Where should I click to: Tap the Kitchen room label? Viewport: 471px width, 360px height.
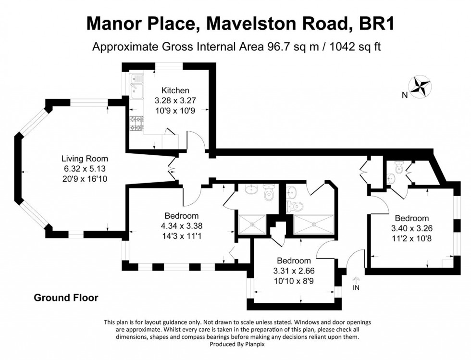click(x=175, y=90)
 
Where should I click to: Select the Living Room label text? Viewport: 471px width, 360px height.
click(x=85, y=159)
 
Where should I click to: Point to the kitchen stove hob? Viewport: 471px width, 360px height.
click(x=136, y=124)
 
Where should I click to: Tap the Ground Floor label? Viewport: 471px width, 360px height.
click(x=66, y=298)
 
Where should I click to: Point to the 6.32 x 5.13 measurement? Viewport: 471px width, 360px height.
click(x=85, y=168)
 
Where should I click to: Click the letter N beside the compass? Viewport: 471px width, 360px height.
click(x=405, y=95)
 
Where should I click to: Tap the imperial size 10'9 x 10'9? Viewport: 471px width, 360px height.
click(x=175, y=110)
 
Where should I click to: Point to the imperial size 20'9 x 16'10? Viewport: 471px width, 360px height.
click(x=85, y=178)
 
